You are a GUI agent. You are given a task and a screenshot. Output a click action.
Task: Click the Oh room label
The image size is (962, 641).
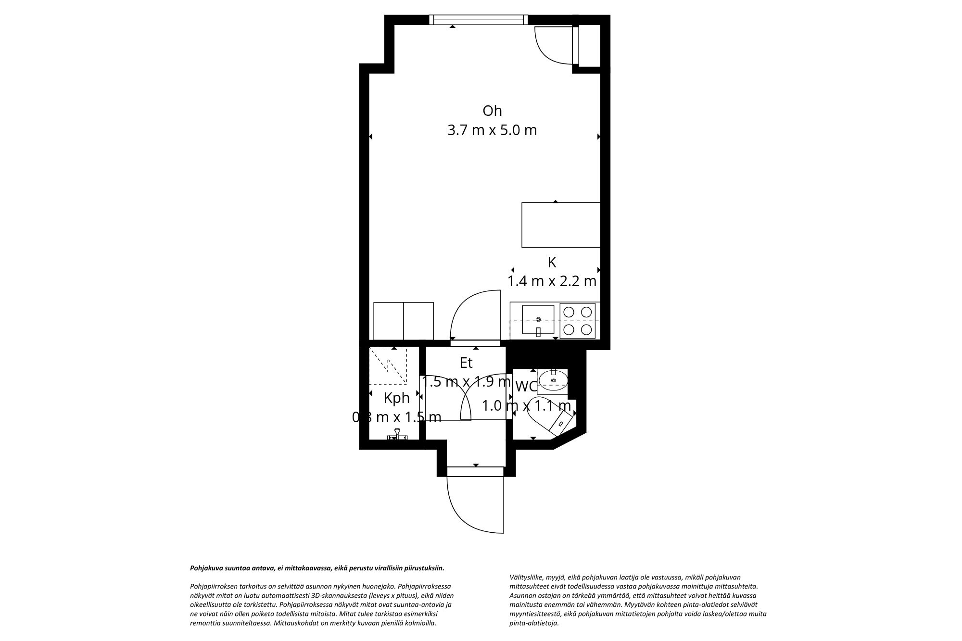pyautogui.click(x=492, y=111)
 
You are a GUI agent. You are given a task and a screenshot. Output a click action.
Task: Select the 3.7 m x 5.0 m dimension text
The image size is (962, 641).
pyautogui.click(x=492, y=130)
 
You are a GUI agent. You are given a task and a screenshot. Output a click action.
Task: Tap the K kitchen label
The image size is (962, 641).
pyautogui.click(x=552, y=263)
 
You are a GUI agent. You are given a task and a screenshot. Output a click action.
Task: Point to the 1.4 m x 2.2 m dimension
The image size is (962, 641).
pyautogui.click(x=552, y=281)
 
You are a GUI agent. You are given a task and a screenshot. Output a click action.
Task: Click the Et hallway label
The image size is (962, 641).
pyautogui.click(x=466, y=363)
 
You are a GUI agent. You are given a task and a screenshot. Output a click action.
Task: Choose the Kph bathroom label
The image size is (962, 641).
pyautogui.click(x=397, y=398)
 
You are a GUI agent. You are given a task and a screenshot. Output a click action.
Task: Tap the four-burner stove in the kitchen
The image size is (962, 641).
pyautogui.click(x=577, y=321)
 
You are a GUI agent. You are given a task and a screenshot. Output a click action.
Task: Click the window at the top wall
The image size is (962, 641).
pyautogui.click(x=478, y=20)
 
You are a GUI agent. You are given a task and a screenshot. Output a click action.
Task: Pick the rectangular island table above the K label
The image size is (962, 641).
pyautogui.click(x=561, y=225)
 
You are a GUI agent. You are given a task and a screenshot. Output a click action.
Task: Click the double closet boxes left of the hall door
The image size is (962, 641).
pyautogui.click(x=404, y=321)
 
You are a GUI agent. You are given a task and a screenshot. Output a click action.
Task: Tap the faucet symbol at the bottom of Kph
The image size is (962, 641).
pyautogui.click(x=397, y=434)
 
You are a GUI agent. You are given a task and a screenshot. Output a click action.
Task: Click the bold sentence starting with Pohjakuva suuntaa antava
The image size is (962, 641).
pyautogui.click(x=317, y=568)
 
